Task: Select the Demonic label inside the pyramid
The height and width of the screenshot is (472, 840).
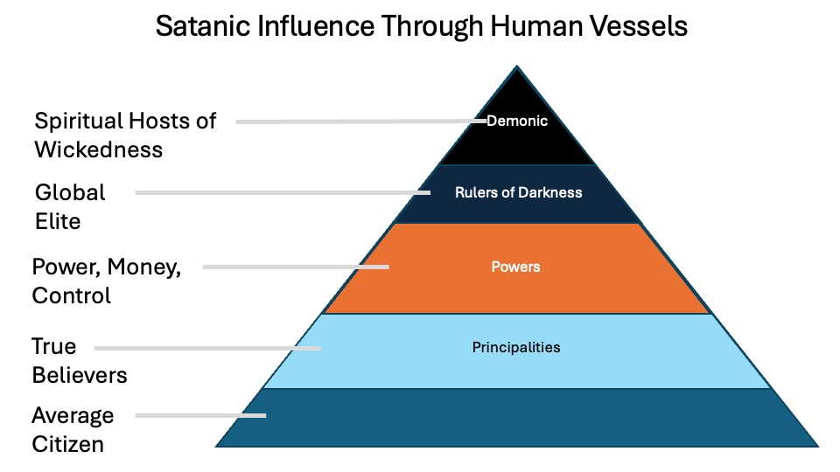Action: pyautogui.click(x=517, y=121)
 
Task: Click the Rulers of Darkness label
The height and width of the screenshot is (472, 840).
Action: pyautogui.click(x=518, y=192)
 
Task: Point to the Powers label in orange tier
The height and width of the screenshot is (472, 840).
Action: pyautogui.click(x=516, y=267)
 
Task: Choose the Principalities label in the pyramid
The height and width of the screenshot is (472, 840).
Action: pyautogui.click(x=516, y=347)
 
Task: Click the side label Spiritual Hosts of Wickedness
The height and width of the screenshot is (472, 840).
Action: pyautogui.click(x=125, y=135)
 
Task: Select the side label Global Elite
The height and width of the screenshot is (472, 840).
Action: pyautogui.click(x=70, y=206)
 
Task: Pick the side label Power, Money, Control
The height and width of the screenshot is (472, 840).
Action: pyautogui.click(x=106, y=281)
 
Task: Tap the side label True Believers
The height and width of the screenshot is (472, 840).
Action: pyautogui.click(x=80, y=360)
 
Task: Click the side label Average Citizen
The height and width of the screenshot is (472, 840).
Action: pyautogui.click(x=73, y=428)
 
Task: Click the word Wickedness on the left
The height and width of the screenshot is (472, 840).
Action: pyautogui.click(x=99, y=149)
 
